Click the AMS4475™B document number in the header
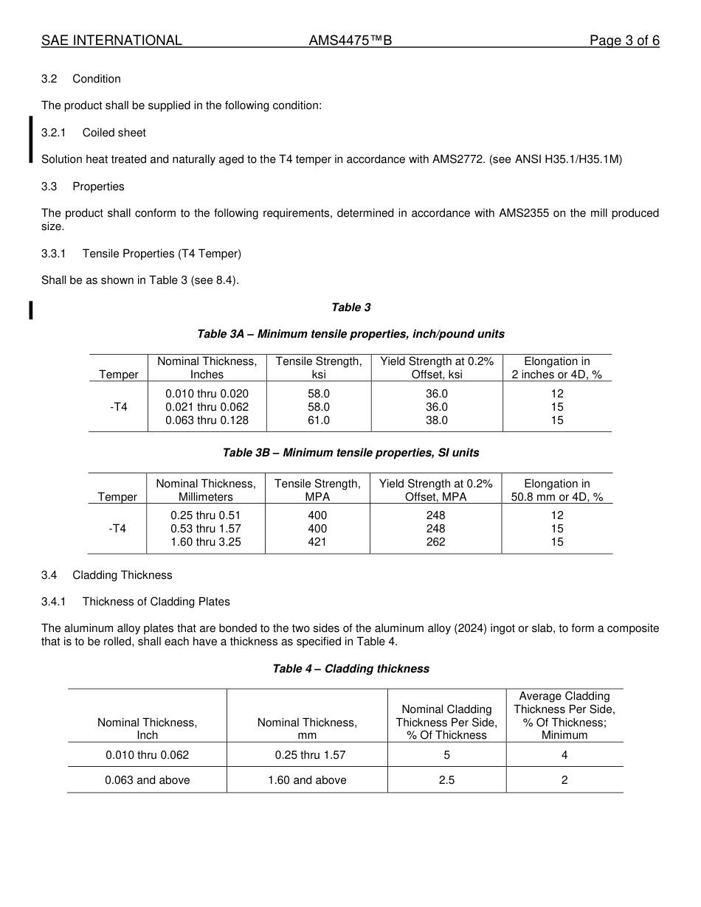(350, 41)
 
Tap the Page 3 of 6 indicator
(624, 41)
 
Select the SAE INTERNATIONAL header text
(111, 41)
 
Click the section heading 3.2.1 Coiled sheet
(94, 133)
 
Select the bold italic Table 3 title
(350, 307)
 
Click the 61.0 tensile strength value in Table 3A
(319, 420)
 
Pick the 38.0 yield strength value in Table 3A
(437, 420)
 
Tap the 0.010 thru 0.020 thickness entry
(207, 394)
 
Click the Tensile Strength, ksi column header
(319, 368)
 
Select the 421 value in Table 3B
(317, 542)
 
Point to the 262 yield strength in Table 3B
(435, 542)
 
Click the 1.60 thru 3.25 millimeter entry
(206, 542)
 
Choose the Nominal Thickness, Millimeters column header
(206, 490)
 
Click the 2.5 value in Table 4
(446, 780)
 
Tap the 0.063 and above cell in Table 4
(148, 780)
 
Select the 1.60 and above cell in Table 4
(307, 780)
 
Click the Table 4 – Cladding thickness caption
(350, 669)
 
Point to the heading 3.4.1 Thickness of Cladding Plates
(136, 602)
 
